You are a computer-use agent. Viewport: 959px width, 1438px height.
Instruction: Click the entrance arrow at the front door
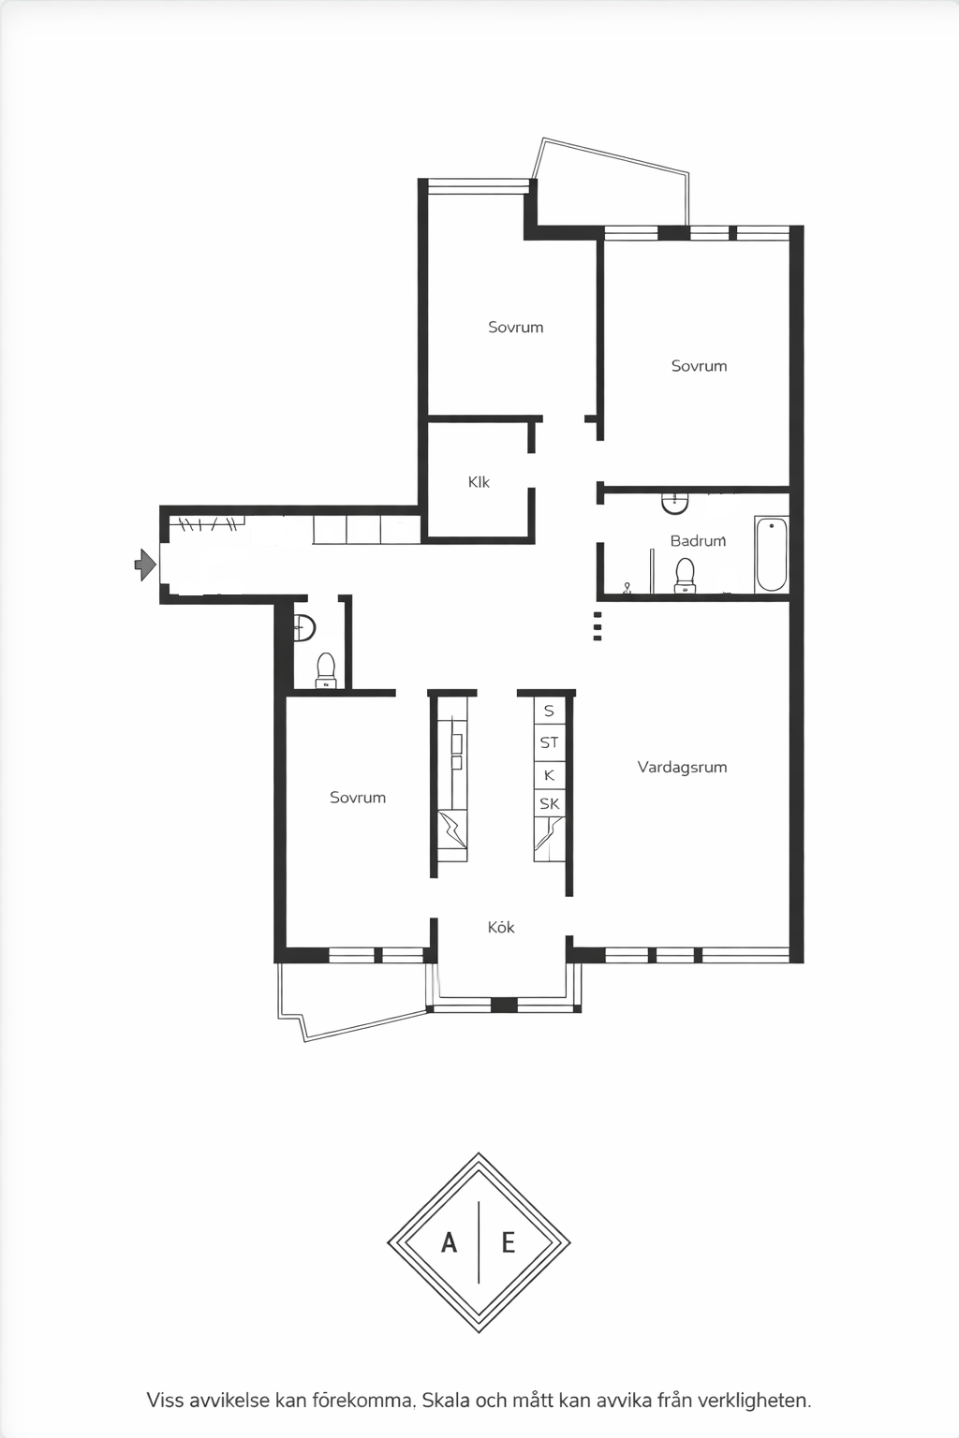coord(145,565)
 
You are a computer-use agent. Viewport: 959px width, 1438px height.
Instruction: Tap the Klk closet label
coord(479,482)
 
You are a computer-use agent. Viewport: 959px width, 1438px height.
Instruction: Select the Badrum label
coord(699,540)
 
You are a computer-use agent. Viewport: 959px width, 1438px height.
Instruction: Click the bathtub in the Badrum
coord(772,553)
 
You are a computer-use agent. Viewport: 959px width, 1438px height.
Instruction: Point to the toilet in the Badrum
coord(686,575)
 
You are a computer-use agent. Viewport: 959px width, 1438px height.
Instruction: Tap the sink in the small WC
coord(304,628)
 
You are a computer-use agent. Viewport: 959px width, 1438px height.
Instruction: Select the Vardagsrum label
coord(682,767)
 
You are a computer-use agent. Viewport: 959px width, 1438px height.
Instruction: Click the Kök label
coord(501,927)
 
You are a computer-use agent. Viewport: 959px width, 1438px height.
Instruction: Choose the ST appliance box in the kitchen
coord(549,742)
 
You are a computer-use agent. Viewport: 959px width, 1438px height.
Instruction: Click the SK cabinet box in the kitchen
coord(549,804)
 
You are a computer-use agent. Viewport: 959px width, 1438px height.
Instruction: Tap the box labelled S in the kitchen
coord(549,712)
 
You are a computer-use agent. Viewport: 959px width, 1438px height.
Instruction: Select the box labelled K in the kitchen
coord(549,775)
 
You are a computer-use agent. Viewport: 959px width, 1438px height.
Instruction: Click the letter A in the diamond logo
coord(449,1243)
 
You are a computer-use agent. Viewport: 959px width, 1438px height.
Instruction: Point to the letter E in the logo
coord(509,1243)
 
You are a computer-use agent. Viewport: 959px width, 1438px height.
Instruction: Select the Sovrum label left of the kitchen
coord(358,798)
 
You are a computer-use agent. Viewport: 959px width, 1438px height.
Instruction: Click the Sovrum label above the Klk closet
coord(516,328)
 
